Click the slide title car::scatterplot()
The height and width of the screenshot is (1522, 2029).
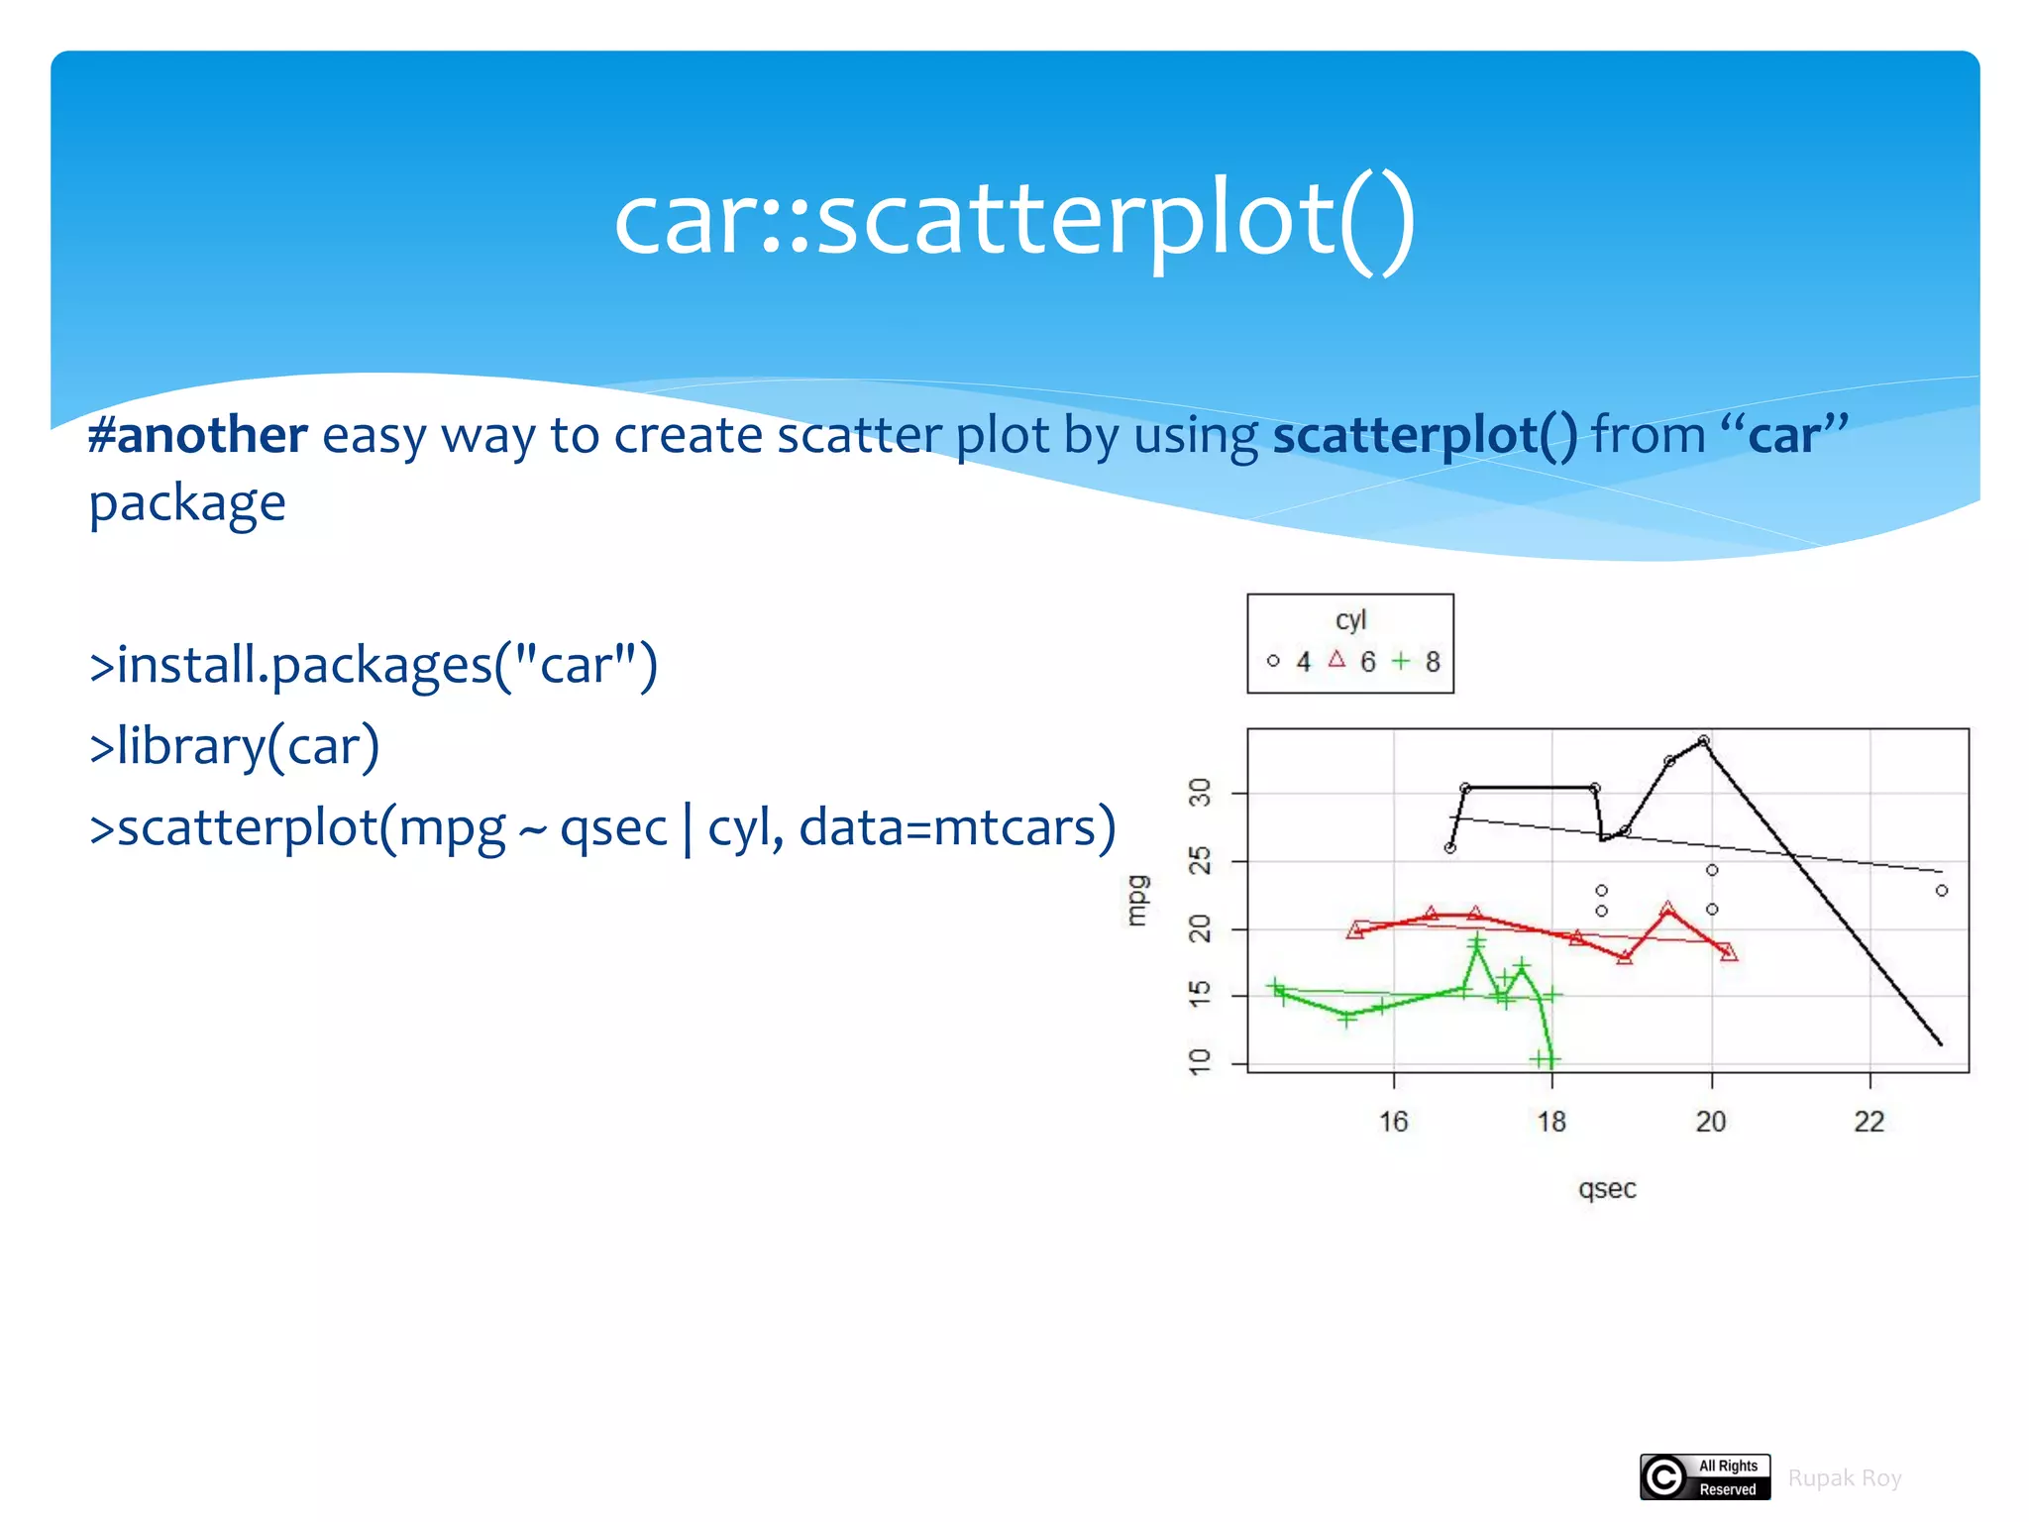pos(1014,220)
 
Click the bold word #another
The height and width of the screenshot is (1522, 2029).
pos(198,436)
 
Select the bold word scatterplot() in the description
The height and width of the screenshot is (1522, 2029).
pos(1425,436)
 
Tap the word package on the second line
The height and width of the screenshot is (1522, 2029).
pos(187,503)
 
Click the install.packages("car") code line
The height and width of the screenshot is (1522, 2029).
pos(374,665)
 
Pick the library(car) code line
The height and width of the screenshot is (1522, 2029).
pos(235,746)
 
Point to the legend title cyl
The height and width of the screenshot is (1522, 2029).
pos(1350,619)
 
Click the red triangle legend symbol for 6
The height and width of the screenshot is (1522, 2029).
pos(1336,659)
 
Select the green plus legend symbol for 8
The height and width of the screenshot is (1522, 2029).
pos(1401,660)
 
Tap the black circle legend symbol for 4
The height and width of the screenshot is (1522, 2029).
pos(1273,661)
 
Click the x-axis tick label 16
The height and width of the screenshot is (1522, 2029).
pos(1393,1122)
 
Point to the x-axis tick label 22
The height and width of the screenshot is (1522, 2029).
pos(1869,1122)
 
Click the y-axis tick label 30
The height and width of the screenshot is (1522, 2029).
pos(1200,793)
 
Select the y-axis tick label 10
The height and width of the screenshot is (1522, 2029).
pos(1200,1061)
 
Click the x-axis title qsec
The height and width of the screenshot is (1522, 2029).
pos(1607,1188)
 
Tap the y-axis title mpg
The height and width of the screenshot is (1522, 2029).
pos(1136,901)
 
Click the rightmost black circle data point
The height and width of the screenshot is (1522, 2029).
pos(1942,891)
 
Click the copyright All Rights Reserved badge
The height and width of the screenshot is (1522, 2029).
pos(1705,1477)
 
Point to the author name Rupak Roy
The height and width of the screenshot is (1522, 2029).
pos(1845,1478)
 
